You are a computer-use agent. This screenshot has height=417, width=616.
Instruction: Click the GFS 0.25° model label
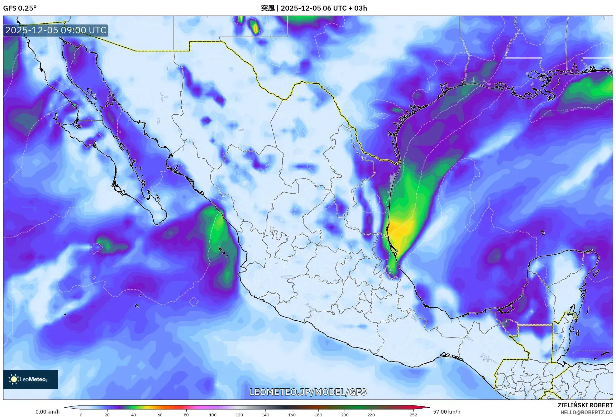click(20, 8)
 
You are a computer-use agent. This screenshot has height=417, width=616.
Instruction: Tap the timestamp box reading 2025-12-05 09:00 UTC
click(56, 30)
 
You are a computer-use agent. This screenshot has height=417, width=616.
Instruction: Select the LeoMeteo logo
click(31, 379)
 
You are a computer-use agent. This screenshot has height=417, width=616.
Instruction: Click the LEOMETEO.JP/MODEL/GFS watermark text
click(308, 392)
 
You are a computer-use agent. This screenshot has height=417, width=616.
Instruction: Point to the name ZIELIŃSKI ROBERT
click(585, 405)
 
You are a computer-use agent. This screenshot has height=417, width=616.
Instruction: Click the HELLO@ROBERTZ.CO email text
click(586, 412)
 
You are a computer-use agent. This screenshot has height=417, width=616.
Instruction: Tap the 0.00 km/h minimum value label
click(47, 412)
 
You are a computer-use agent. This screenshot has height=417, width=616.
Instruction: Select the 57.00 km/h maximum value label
click(446, 412)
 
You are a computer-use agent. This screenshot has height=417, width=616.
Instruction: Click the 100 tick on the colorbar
click(213, 415)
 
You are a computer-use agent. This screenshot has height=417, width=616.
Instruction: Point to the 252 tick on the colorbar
click(413, 415)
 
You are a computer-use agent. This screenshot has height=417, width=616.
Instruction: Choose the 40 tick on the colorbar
click(134, 415)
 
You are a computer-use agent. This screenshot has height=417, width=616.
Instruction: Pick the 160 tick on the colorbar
click(292, 415)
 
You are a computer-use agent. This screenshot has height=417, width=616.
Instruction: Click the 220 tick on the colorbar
click(371, 415)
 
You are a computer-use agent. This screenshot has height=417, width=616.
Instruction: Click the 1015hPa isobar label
click(570, 110)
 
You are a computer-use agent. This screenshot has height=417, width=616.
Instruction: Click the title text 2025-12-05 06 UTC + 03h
click(324, 8)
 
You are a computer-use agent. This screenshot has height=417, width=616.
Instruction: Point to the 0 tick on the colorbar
click(81, 415)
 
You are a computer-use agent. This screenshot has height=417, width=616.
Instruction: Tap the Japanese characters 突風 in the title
click(268, 8)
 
